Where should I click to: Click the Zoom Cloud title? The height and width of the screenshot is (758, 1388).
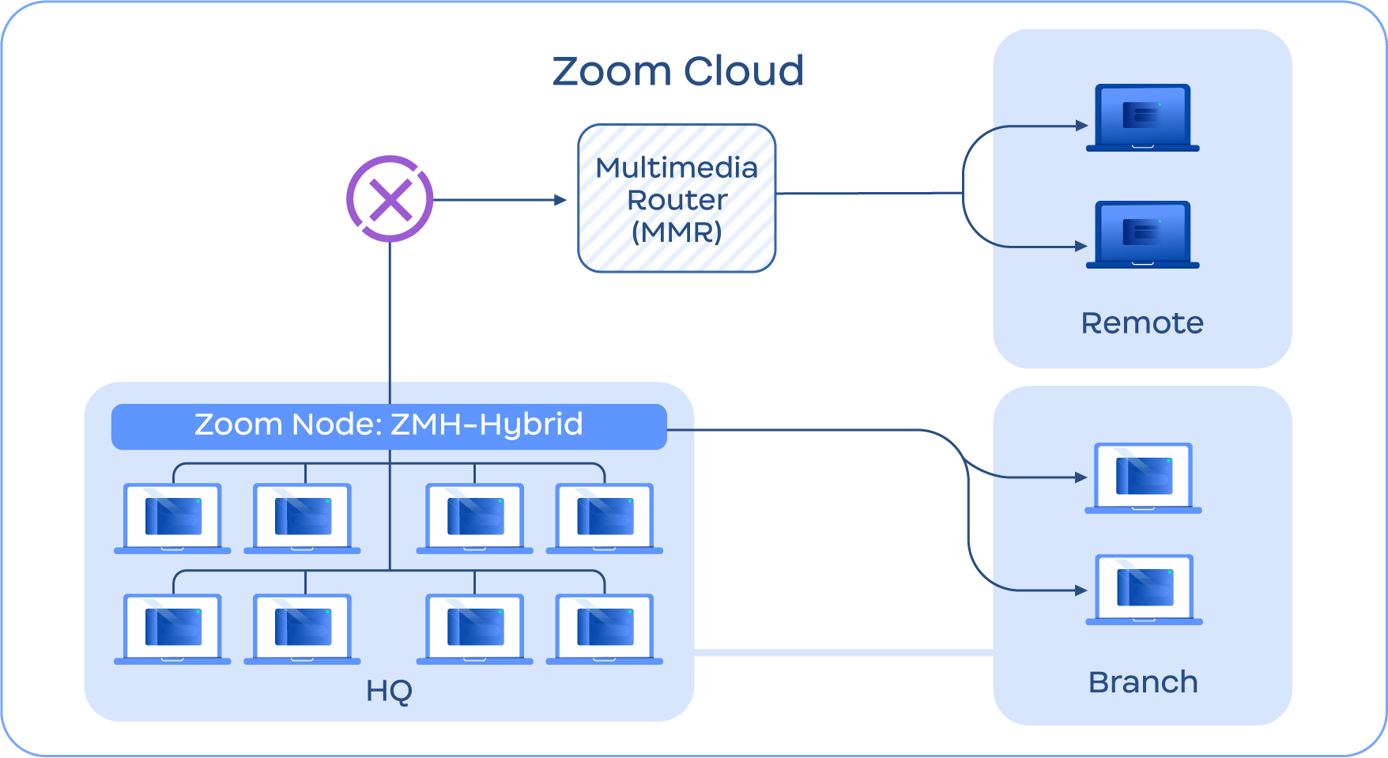[677, 71]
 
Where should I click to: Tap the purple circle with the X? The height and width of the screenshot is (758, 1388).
[390, 199]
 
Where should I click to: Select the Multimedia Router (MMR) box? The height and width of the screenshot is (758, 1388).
[677, 198]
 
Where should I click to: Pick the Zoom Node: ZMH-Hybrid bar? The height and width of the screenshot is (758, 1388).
[389, 426]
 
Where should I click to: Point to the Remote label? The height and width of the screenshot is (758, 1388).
[1142, 323]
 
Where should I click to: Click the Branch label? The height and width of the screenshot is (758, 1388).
[1143, 682]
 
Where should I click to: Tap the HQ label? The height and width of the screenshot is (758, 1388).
[389, 691]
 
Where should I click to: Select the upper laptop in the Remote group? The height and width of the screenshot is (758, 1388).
[1143, 117]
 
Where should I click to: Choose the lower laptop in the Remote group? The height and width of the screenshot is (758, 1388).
[1143, 234]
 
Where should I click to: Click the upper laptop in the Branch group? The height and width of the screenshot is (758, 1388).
[1143, 477]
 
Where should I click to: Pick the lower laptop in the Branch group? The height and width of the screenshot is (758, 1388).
[1144, 590]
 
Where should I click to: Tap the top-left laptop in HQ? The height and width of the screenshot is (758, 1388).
[172, 518]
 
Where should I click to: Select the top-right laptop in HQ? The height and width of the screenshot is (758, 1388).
[605, 518]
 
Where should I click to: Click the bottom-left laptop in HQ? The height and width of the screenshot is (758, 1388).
[172, 628]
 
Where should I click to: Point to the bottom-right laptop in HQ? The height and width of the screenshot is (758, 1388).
[605, 628]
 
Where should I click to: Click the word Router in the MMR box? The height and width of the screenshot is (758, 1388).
[677, 200]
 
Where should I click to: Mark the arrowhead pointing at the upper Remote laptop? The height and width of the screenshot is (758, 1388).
[1082, 126]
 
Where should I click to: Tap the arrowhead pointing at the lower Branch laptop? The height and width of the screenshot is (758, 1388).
[1081, 590]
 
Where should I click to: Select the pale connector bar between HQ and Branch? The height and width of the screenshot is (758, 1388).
[843, 653]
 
